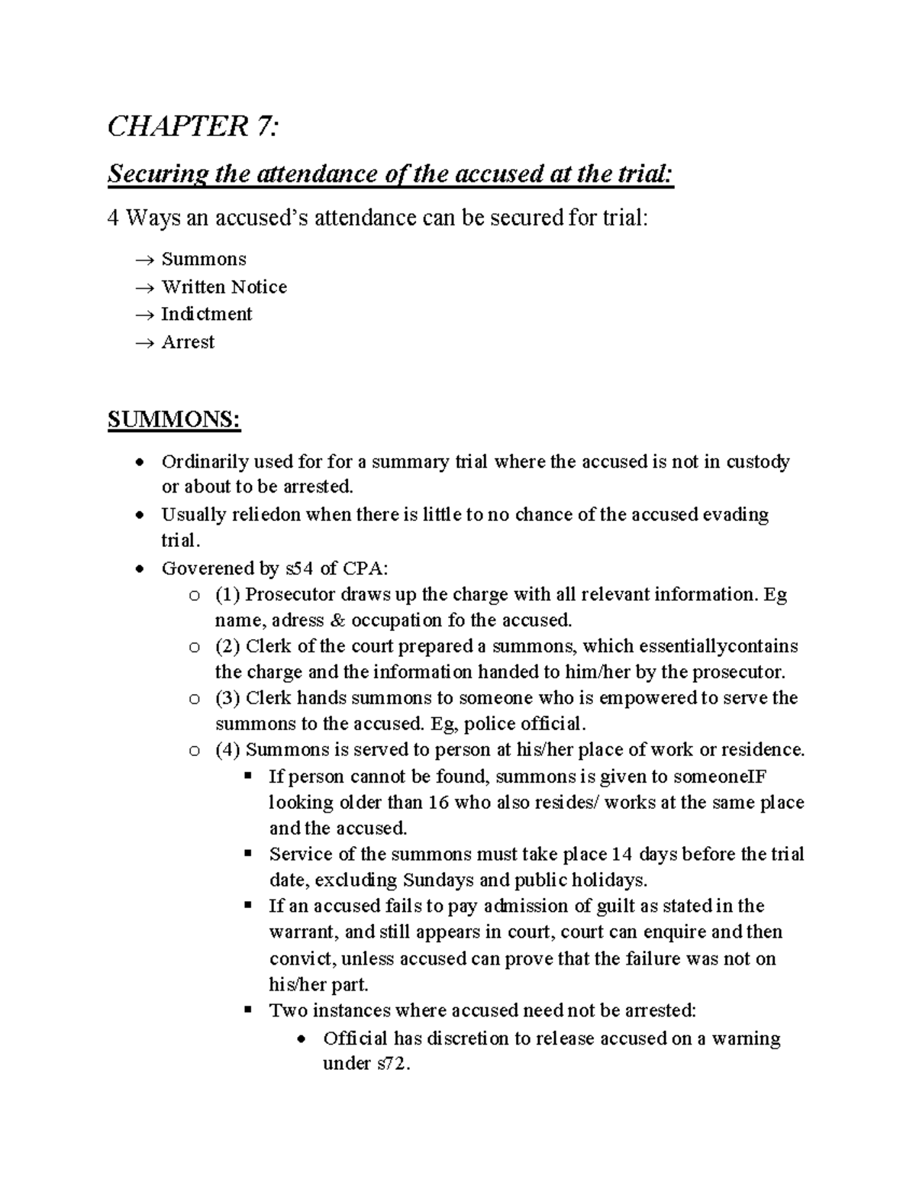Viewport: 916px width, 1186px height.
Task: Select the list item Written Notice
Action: pos(224,287)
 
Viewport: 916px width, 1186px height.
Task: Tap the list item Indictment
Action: pos(206,314)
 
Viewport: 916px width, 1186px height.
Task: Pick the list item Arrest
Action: pos(188,342)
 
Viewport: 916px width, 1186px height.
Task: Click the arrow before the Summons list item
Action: pos(144,260)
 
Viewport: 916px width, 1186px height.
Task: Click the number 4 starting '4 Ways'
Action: pos(114,218)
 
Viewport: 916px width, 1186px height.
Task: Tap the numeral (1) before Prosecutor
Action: pos(227,594)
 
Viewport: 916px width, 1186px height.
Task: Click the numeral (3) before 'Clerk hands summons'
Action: pos(227,698)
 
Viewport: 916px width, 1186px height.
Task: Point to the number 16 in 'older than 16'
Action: pos(439,803)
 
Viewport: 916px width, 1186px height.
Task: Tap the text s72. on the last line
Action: pos(394,1064)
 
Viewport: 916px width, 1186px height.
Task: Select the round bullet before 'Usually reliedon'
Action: pos(138,515)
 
